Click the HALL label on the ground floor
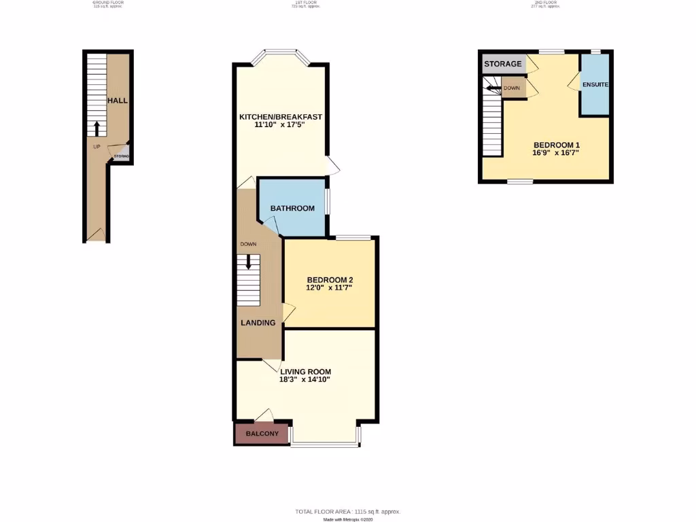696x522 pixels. pyautogui.click(x=117, y=101)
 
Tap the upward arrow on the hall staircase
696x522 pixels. pyautogui.click(x=97, y=128)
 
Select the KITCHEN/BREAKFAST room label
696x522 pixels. pyautogui.click(x=280, y=116)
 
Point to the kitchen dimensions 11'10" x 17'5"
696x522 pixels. pyautogui.click(x=280, y=126)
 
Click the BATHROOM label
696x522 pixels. pyautogui.click(x=292, y=208)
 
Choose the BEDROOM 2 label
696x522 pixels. pyautogui.click(x=330, y=279)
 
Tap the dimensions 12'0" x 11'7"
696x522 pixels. pyautogui.click(x=330, y=288)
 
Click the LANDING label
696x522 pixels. pyautogui.click(x=258, y=323)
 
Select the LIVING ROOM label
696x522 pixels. pyautogui.click(x=305, y=371)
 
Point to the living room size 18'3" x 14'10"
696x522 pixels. pyautogui.click(x=305, y=380)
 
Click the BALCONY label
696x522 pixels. pyautogui.click(x=262, y=434)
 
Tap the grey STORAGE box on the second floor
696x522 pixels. pyautogui.click(x=503, y=64)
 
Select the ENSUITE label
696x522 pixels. pyautogui.click(x=595, y=85)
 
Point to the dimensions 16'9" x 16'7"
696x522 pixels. pyautogui.click(x=557, y=154)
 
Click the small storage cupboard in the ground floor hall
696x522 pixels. pyautogui.click(x=121, y=156)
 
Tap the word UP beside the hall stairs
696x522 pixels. pyautogui.click(x=97, y=146)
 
